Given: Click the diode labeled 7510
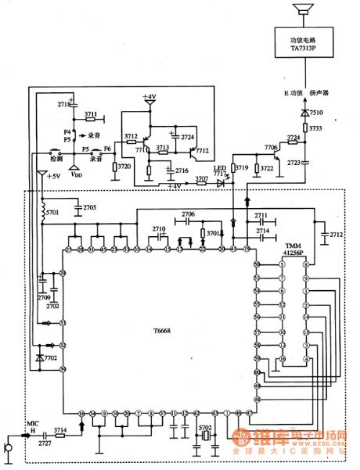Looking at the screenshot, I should [x=305, y=113].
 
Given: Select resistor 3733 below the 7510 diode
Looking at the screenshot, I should [x=305, y=128].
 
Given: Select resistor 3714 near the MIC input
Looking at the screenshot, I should [x=60, y=431].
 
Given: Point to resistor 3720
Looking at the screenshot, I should [x=115, y=167].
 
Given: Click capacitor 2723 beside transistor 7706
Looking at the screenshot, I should [x=305, y=162].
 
